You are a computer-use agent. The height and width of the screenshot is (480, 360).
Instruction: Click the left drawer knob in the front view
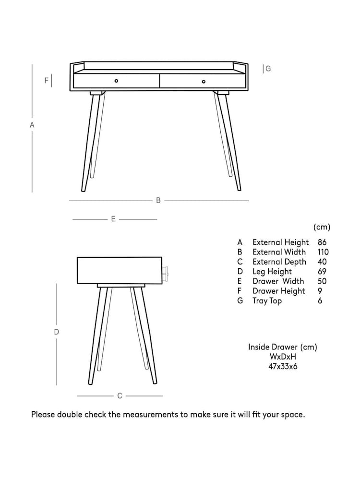(116, 81)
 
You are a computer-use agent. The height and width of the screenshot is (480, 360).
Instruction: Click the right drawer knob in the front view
(204, 82)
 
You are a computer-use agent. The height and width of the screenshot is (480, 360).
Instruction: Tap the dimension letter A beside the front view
(32, 125)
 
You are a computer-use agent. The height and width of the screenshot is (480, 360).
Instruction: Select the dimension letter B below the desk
(158, 201)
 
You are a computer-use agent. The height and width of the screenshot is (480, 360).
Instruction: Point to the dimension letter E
(113, 219)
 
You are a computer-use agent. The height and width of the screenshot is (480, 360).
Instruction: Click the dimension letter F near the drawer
(47, 81)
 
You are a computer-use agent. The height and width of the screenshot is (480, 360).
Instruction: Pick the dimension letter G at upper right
(268, 69)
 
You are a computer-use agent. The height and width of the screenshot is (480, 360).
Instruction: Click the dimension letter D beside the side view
(56, 332)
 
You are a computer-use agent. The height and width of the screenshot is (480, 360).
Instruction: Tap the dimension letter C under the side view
(120, 396)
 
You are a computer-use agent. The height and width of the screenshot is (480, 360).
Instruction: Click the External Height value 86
(322, 242)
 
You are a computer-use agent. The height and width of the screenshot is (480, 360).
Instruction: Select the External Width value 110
(323, 252)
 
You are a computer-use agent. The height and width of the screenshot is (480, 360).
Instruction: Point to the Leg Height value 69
(322, 272)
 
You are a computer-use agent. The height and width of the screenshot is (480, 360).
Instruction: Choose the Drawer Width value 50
(322, 281)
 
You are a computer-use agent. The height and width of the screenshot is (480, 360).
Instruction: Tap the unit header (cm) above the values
(322, 227)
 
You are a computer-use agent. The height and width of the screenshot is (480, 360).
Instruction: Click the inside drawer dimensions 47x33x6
(282, 366)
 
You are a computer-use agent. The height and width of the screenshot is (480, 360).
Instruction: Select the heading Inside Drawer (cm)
(282, 347)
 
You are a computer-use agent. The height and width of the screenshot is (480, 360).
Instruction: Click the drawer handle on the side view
(166, 272)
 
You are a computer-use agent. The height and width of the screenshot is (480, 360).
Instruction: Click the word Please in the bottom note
(43, 414)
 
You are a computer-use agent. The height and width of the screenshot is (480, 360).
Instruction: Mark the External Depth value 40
(322, 262)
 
